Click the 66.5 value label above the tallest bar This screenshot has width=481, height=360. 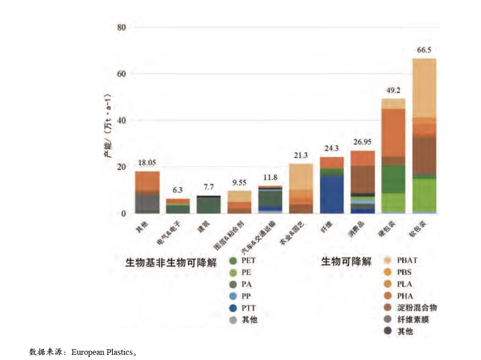[424, 50]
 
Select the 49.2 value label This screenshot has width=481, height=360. [393, 91]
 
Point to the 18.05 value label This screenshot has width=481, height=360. [147, 163]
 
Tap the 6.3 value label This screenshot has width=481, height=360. [177, 190]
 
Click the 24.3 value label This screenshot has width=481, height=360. [331, 148]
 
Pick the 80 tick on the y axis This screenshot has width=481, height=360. [121, 27]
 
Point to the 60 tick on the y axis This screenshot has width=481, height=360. [121, 74]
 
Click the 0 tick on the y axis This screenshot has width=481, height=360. [124, 214]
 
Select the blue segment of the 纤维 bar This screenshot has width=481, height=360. [331, 195]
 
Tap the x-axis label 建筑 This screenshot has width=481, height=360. [205, 226]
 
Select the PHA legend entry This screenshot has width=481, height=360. [405, 296]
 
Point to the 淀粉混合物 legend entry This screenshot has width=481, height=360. [417, 308]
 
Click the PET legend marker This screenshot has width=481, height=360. [233, 261]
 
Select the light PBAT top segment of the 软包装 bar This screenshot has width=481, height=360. [424, 88]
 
